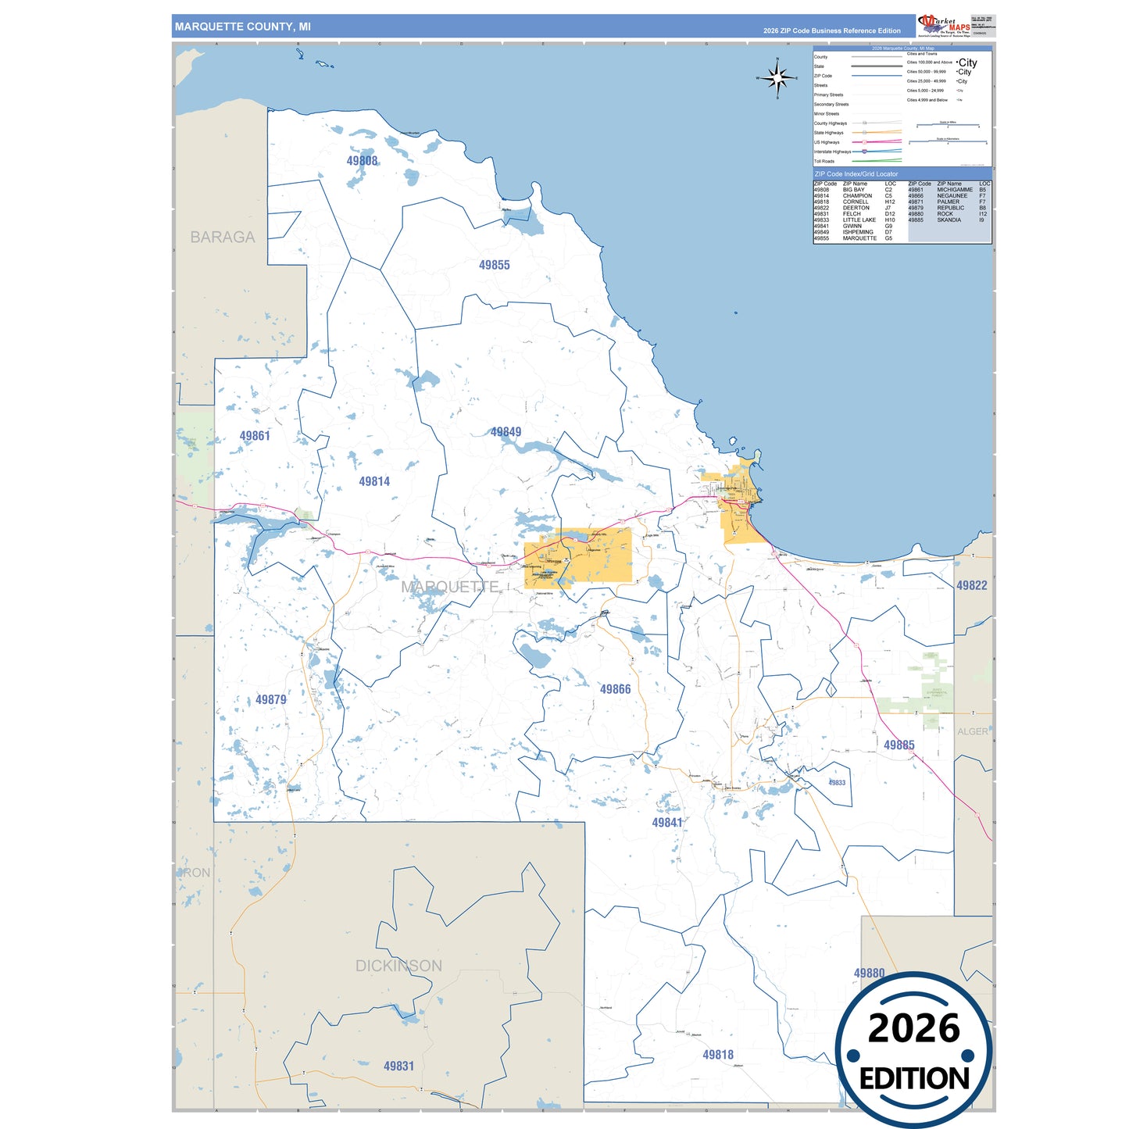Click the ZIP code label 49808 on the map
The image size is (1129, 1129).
pyautogui.click(x=362, y=161)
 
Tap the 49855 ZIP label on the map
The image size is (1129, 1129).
pyautogui.click(x=494, y=266)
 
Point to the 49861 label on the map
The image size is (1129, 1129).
pyautogui.click(x=255, y=436)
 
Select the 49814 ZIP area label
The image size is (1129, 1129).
pyautogui.click(x=374, y=482)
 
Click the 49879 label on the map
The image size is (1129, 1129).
pyautogui.click(x=270, y=700)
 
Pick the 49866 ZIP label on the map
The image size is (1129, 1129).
pyautogui.click(x=615, y=689)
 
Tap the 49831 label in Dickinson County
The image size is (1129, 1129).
pyautogui.click(x=398, y=1066)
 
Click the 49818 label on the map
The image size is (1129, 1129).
pyautogui.click(x=717, y=1055)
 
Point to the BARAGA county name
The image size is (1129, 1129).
pyautogui.click(x=223, y=238)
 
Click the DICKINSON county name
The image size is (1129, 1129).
pyautogui.click(x=398, y=966)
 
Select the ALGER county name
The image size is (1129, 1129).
pyautogui.click(x=972, y=731)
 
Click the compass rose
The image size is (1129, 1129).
pyautogui.click(x=777, y=78)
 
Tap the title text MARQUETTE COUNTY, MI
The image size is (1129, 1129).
pyautogui.click(x=242, y=27)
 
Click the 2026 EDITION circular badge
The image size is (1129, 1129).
pyautogui.click(x=913, y=1051)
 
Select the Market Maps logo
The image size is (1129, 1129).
pyautogui.click(x=944, y=25)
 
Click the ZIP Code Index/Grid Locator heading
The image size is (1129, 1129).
pyautogui.click(x=856, y=174)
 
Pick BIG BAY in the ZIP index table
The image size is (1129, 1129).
pyautogui.click(x=853, y=190)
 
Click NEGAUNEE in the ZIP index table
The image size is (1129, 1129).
pyautogui.click(x=952, y=196)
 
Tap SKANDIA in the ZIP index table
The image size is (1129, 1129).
pyautogui.click(x=949, y=220)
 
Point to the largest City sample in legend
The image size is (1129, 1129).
pyautogui.click(x=967, y=63)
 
